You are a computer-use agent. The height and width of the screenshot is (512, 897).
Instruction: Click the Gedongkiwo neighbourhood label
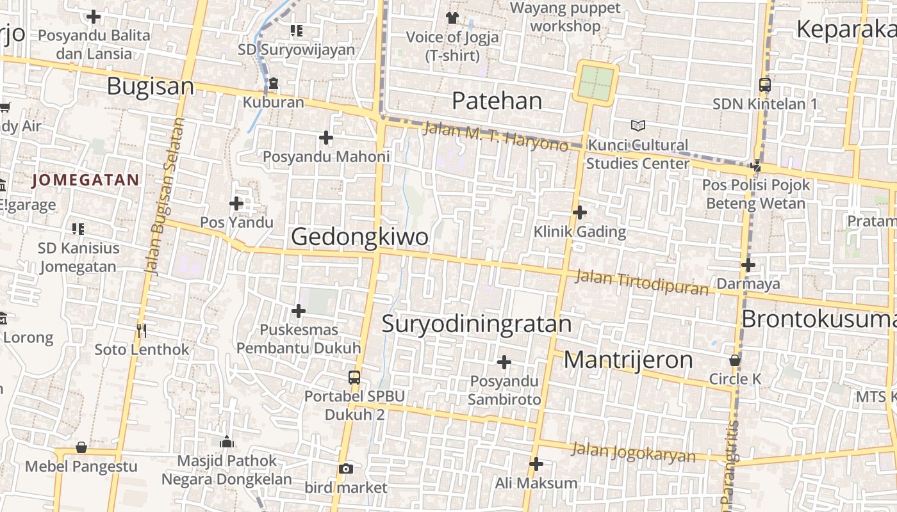(359, 237)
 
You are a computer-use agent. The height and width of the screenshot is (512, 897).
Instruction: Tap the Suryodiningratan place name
(477, 324)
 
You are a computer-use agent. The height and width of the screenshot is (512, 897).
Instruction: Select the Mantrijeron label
(628, 360)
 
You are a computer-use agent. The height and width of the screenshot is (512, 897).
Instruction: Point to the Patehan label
(497, 100)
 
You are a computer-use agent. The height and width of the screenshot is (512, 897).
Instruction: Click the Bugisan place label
(150, 86)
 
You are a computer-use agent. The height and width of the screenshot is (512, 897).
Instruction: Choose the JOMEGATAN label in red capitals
(85, 180)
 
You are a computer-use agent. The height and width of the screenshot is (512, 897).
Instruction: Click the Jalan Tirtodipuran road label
(642, 283)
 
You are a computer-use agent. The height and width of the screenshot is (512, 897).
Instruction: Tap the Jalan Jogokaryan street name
(633, 452)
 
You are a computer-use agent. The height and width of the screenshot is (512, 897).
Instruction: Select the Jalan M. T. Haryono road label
(495, 136)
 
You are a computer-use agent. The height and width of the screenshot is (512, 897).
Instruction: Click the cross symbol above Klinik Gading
(580, 212)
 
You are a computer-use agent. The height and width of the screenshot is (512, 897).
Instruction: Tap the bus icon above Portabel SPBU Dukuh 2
(354, 378)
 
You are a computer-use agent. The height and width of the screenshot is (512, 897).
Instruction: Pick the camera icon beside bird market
(346, 469)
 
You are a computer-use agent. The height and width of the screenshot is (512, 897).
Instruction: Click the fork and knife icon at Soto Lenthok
(142, 330)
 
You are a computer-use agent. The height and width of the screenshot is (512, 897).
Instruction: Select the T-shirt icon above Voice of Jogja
(452, 17)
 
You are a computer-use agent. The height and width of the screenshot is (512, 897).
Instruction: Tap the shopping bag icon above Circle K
(735, 360)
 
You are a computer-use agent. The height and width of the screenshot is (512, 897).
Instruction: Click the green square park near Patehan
(597, 83)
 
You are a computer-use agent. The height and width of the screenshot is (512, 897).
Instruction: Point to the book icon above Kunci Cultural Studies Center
(638, 125)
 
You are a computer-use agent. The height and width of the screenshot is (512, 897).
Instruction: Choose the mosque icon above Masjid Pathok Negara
(226, 442)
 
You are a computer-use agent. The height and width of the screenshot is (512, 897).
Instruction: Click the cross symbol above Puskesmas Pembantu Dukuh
(298, 311)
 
